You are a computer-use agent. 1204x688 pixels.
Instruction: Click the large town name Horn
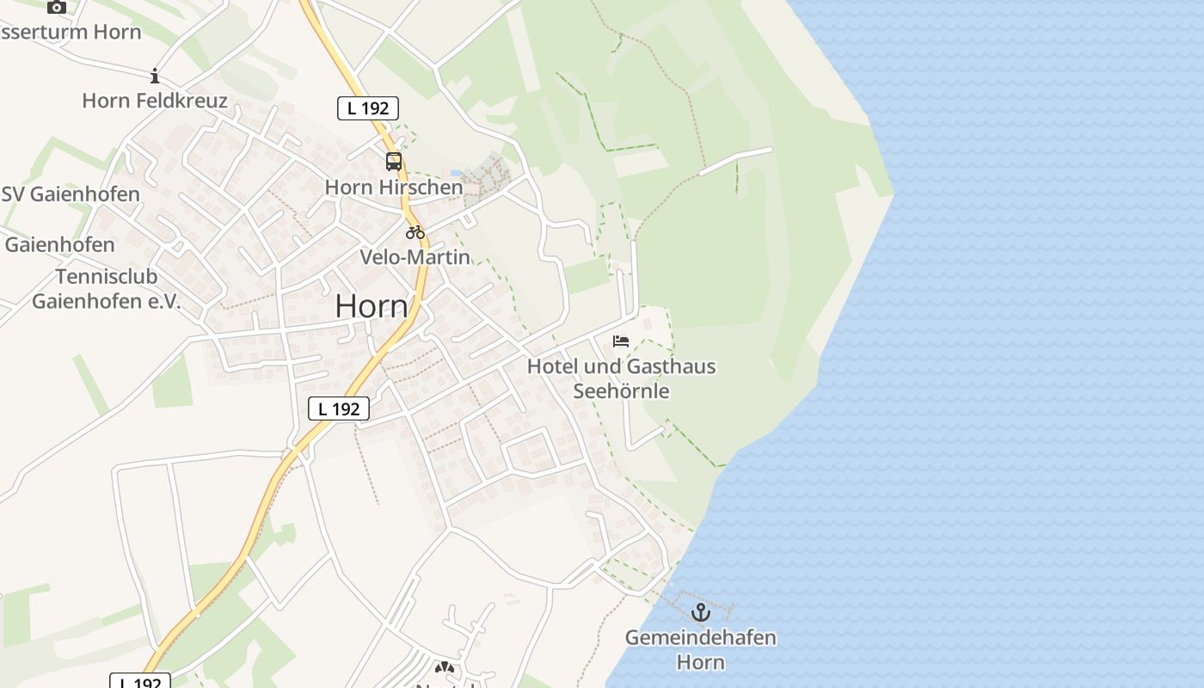pos(372,305)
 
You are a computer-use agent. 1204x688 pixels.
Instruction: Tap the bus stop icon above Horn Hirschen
pos(393,162)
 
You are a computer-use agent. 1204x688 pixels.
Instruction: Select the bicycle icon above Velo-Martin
pos(415,231)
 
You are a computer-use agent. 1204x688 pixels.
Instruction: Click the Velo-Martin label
pos(415,256)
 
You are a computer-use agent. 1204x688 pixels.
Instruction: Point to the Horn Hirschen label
pos(394,187)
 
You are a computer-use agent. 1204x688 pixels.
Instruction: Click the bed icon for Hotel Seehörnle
pos(621,341)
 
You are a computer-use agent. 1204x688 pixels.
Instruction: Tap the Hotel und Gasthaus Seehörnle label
pos(621,378)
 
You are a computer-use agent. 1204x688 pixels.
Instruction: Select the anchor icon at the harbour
pos(701,612)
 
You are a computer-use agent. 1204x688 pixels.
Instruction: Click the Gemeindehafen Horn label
pos(700,650)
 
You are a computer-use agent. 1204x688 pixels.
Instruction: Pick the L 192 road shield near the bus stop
pos(368,108)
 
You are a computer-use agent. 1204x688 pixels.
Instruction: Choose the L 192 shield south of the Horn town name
pos(339,408)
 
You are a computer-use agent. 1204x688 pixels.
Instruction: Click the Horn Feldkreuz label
pos(155,101)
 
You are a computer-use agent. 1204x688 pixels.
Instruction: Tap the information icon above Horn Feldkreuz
pos(155,76)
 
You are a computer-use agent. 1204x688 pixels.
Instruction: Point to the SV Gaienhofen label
pos(71,194)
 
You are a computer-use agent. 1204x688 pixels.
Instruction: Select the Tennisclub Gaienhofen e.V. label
pos(107,289)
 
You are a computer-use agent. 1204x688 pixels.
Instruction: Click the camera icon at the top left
pos(57,7)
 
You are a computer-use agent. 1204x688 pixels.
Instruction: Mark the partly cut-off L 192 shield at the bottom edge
pos(141,681)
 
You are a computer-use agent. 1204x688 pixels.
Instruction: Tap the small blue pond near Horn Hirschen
pos(456,173)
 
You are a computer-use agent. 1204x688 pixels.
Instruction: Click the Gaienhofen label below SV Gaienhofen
pos(60,245)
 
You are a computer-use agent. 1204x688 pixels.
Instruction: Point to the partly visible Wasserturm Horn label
pos(71,33)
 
